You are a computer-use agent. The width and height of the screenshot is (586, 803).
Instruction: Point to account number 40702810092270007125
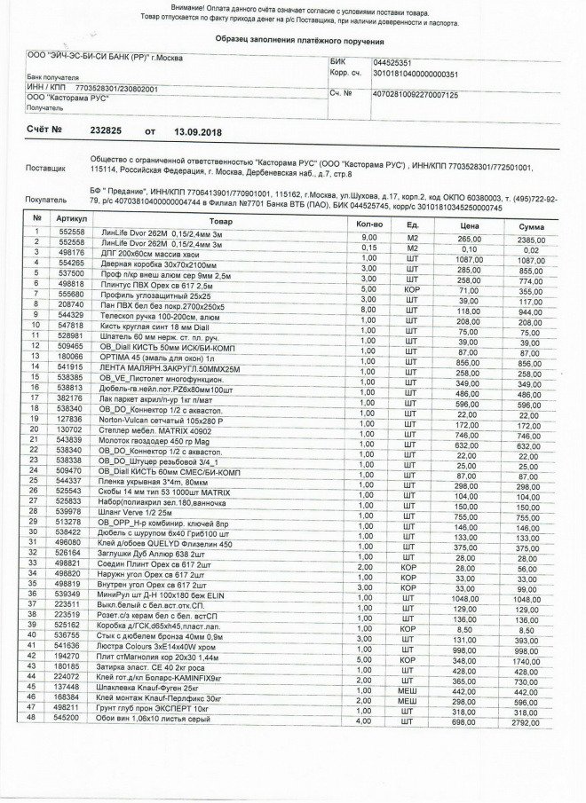[x=416, y=93]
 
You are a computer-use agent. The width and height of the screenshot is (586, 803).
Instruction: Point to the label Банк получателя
[x=51, y=78]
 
